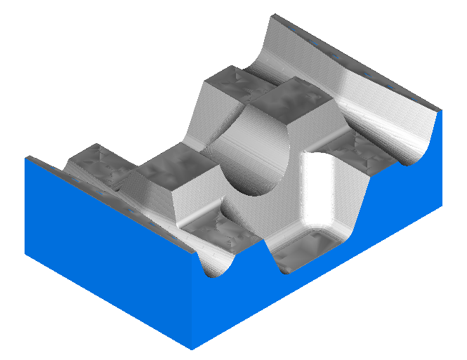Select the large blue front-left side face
[105, 253]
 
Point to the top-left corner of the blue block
[27, 158]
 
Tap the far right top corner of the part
[440, 110]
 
